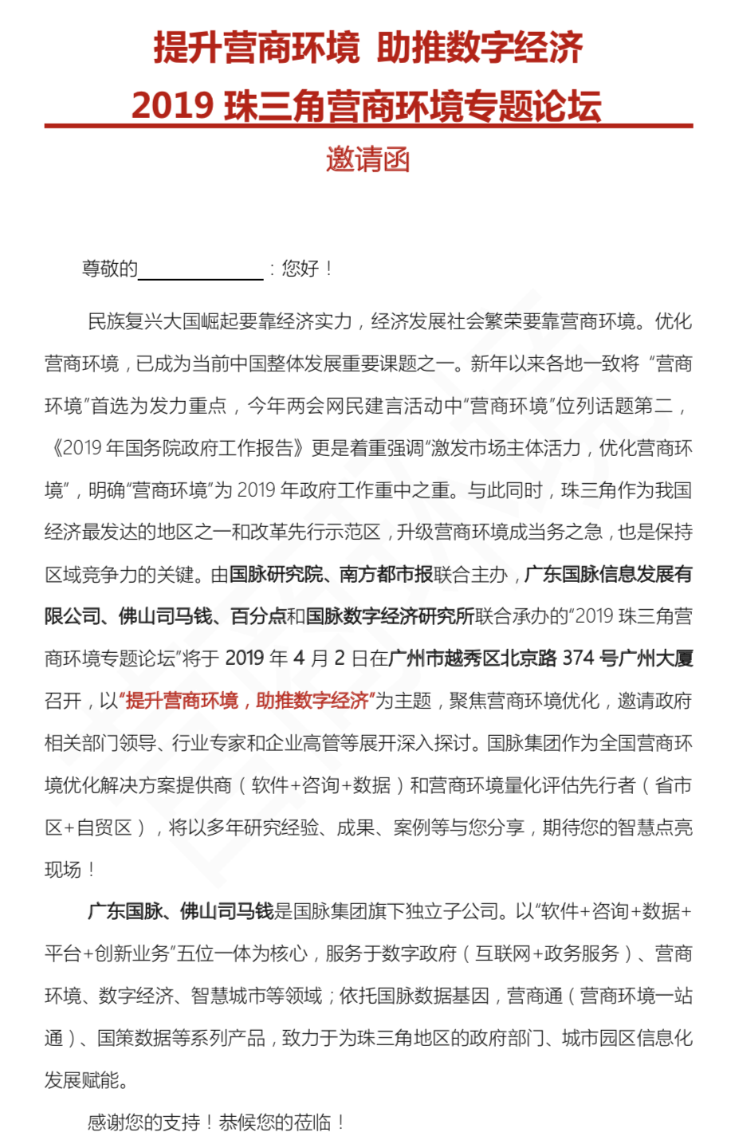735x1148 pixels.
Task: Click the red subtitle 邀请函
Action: [367, 159]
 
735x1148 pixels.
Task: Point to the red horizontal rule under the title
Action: [368, 126]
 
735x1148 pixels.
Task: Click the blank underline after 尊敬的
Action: [200, 271]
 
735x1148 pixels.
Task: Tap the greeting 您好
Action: [301, 269]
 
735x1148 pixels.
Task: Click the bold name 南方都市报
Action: [386, 574]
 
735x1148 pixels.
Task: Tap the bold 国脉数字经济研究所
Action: [390, 616]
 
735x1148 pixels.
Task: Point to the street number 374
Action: [579, 659]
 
